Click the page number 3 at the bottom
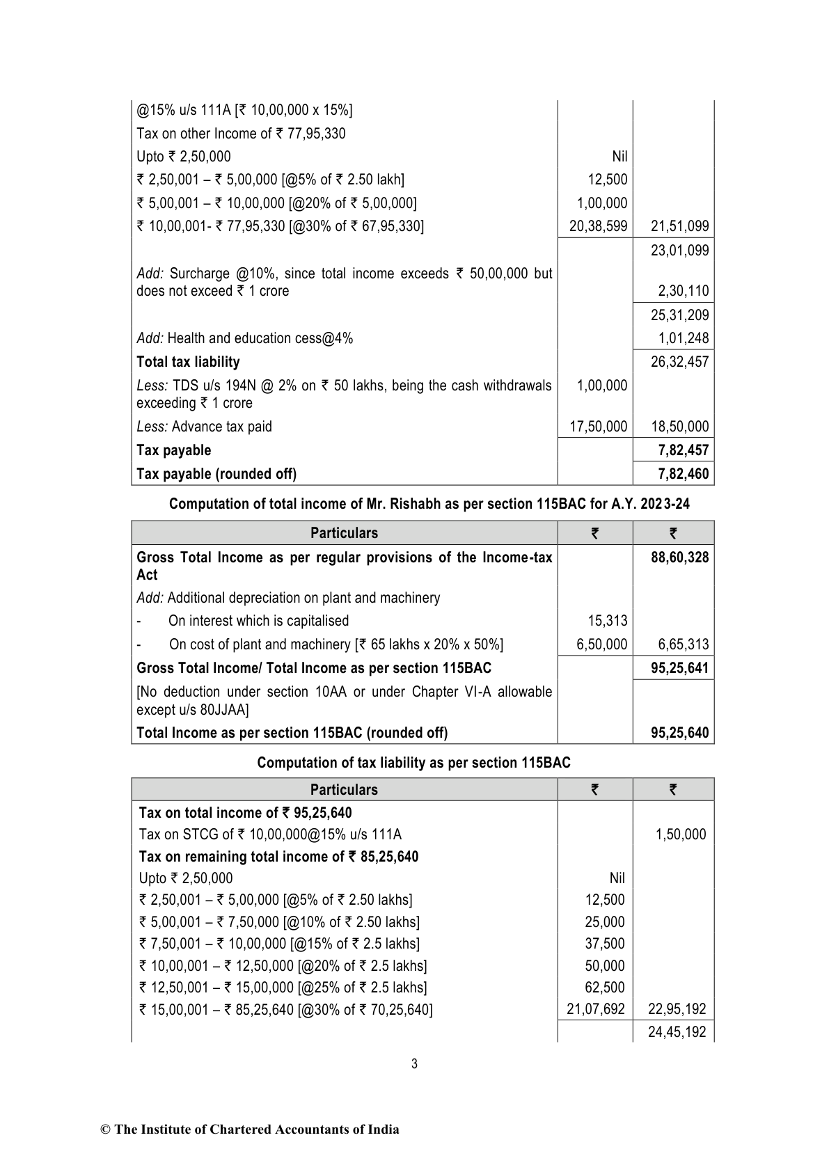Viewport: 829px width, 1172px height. point(414,1063)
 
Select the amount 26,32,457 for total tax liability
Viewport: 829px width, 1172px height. point(679,362)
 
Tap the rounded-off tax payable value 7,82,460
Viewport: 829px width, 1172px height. point(684,474)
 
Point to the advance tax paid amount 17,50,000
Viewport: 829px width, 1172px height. point(598,427)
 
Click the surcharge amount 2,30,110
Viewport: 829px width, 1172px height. point(684,291)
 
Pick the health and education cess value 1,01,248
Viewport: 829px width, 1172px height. point(684,338)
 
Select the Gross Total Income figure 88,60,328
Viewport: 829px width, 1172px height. point(679,557)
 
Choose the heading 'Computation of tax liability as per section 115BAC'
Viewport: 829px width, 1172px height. point(413,763)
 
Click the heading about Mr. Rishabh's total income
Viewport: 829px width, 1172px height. point(429,504)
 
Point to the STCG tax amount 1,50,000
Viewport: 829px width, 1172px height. point(680,834)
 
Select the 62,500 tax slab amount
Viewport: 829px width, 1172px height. point(605,988)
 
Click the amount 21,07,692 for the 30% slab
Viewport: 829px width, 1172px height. point(596,1009)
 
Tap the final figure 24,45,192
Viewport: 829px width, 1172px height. point(677,1032)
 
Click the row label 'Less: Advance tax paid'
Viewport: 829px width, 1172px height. point(204,427)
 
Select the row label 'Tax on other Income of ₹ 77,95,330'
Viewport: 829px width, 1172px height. point(241,134)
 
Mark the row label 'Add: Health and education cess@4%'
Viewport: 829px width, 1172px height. point(244,338)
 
